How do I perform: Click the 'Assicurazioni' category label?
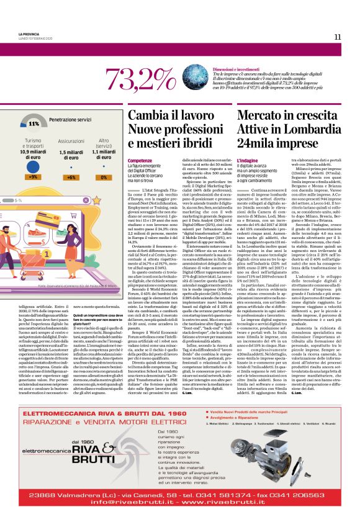(x=71, y=142)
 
